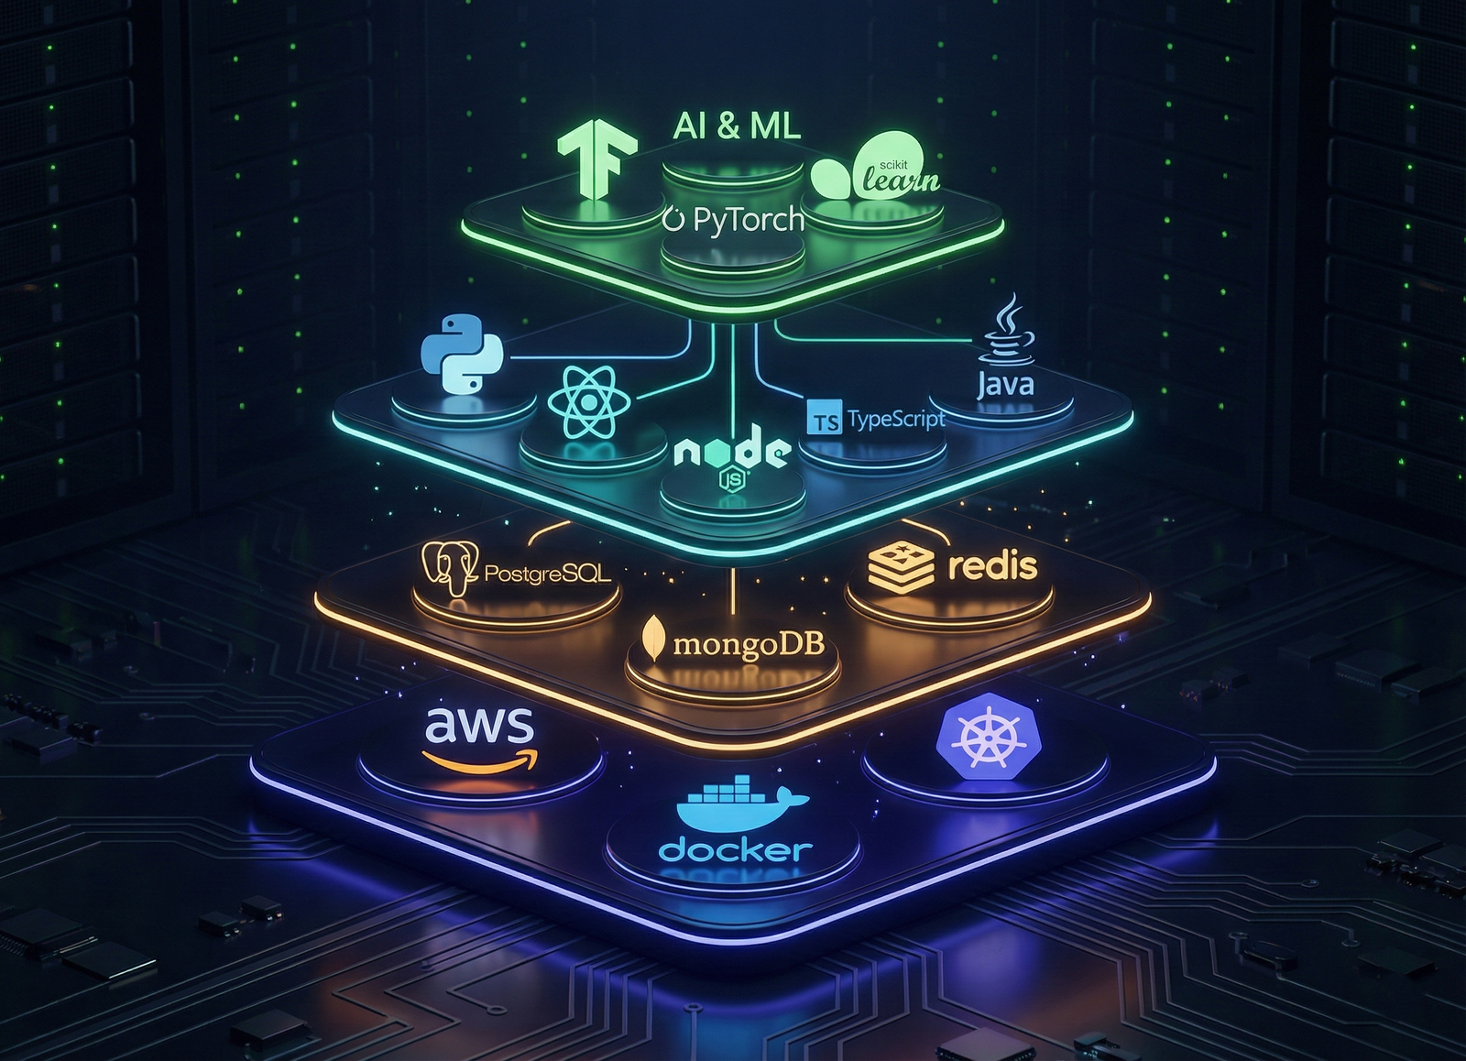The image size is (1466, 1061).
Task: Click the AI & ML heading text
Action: click(x=737, y=125)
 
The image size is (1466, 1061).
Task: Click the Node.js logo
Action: click(x=732, y=456)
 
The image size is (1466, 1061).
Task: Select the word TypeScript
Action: click(x=896, y=420)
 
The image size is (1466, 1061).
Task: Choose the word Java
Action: click(x=1005, y=383)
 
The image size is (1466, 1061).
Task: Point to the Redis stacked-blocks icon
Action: click(x=901, y=567)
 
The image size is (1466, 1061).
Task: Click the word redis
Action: click(x=992, y=566)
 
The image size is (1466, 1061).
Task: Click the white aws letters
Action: click(x=479, y=725)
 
